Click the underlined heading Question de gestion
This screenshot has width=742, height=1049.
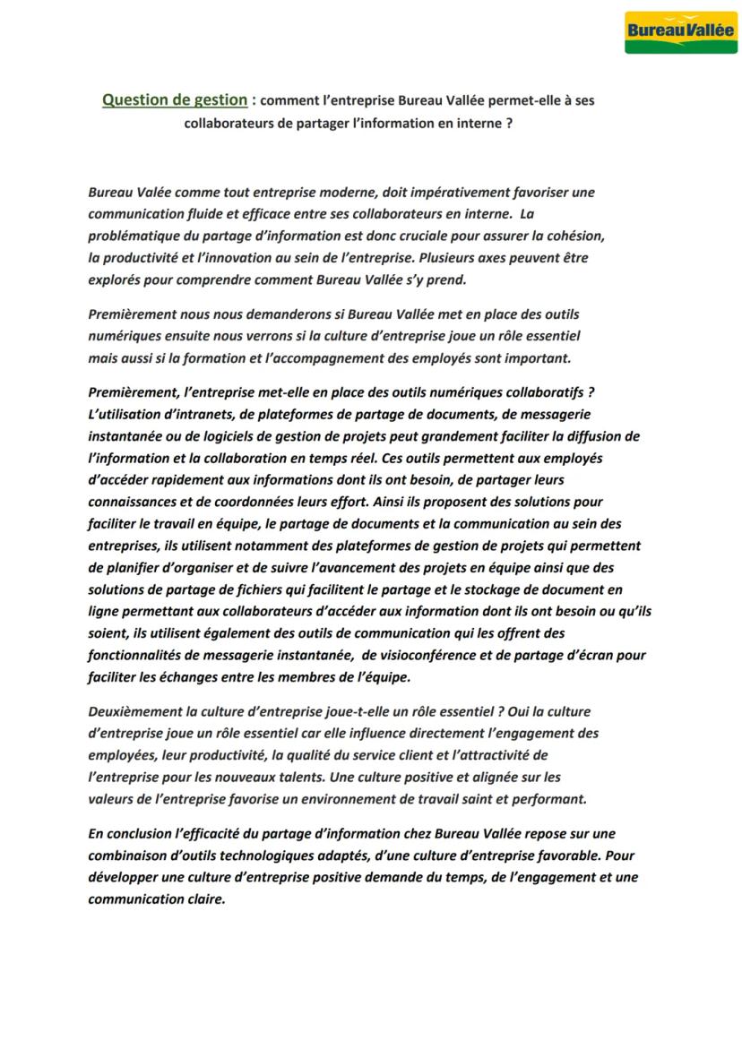[x=174, y=100]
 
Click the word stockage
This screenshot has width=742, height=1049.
[x=496, y=589]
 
